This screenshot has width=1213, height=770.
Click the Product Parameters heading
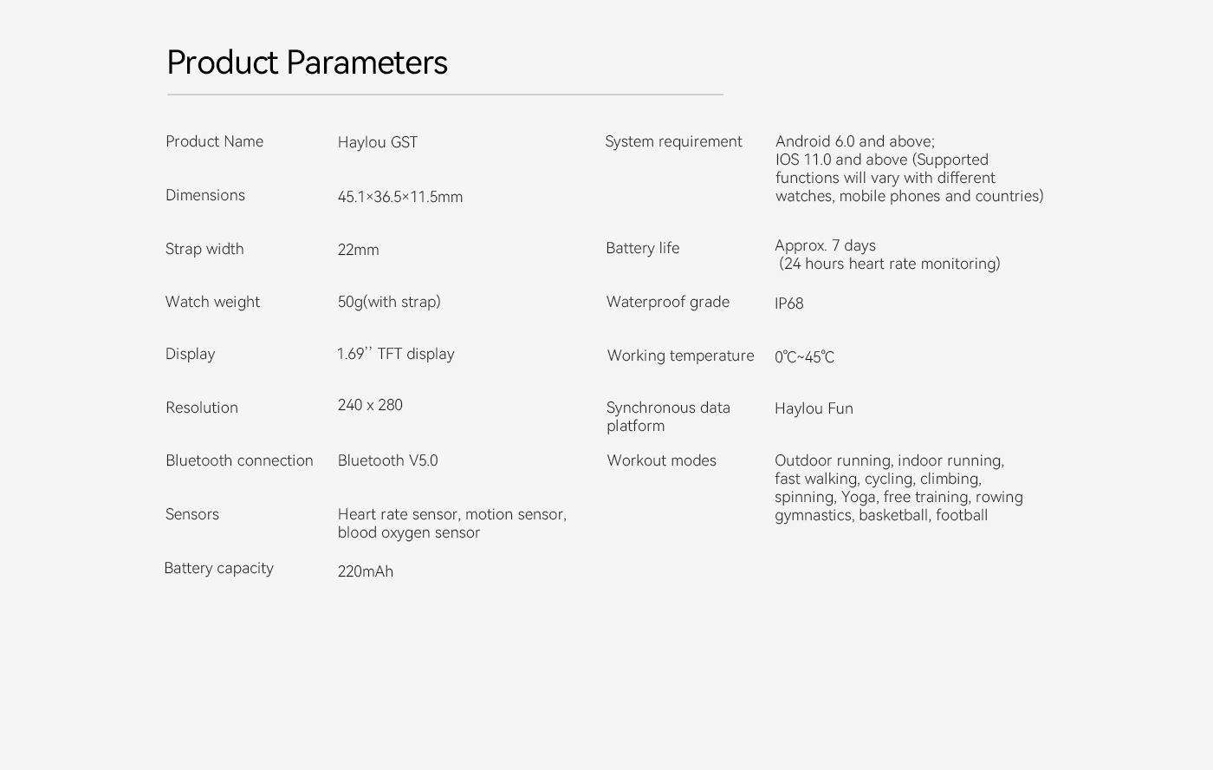click(x=307, y=62)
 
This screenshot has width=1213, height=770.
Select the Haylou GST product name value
click(x=378, y=142)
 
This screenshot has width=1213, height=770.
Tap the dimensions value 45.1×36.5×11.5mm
click(x=400, y=196)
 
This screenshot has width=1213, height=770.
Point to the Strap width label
click(x=204, y=249)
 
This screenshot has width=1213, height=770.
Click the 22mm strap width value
click(x=358, y=250)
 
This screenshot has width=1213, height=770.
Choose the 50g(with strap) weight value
click(x=389, y=302)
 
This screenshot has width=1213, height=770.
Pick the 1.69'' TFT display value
click(x=395, y=354)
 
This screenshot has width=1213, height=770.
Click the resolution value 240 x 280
click(x=370, y=405)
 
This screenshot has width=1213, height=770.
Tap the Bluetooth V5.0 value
click(x=388, y=460)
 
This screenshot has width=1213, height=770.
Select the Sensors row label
click(x=192, y=514)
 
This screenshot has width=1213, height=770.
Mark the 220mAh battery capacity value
click(x=366, y=571)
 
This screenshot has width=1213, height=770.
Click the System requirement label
click(x=673, y=142)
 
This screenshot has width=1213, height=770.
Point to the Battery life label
click(x=643, y=248)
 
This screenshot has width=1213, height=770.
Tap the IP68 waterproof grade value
click(x=789, y=303)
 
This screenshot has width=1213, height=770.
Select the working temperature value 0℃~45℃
click(x=805, y=357)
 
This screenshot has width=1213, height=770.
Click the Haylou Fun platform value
click(x=814, y=408)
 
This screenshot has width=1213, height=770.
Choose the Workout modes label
click(x=662, y=460)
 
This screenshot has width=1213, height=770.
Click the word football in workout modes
click(x=962, y=515)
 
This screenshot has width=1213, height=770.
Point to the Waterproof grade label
click(x=668, y=303)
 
